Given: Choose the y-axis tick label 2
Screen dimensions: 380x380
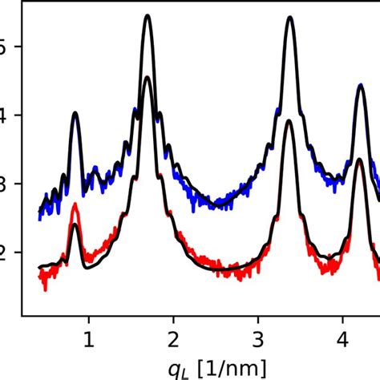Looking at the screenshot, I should (6, 253).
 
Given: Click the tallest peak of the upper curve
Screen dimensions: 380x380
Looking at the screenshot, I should (148, 16).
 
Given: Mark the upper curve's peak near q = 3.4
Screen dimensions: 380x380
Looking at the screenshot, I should (289, 17).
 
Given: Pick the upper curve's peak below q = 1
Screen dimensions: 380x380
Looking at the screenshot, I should (75, 113).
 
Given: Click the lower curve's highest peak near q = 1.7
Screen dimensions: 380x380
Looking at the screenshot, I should (148, 77).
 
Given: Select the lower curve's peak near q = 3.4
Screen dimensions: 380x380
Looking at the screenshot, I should (289, 120).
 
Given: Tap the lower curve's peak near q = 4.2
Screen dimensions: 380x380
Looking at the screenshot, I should (361, 159).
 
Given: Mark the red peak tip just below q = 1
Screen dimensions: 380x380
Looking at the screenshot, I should (75, 204).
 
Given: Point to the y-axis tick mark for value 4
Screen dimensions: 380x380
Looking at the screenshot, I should (17, 115).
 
